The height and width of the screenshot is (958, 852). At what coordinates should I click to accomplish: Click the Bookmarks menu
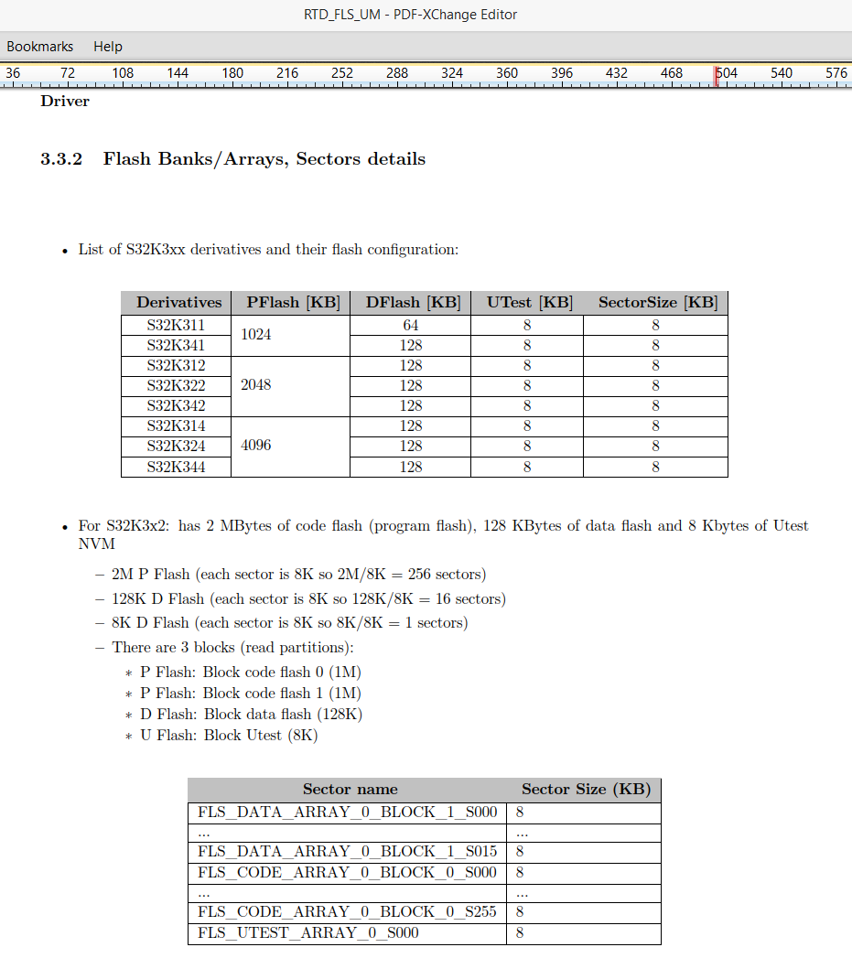[39, 47]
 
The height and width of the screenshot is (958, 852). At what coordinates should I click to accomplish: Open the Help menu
[107, 47]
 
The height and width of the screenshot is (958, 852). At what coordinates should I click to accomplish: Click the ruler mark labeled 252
[342, 73]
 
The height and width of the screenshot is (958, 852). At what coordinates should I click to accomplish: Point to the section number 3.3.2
[61, 159]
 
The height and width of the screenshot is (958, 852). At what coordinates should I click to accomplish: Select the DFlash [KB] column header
[413, 303]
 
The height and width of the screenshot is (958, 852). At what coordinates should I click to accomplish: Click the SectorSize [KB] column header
[657, 303]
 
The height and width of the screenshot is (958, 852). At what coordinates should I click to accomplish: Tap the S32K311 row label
[176, 326]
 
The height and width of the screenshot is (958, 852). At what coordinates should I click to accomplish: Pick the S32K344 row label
[176, 468]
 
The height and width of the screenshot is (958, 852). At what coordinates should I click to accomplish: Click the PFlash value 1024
[256, 335]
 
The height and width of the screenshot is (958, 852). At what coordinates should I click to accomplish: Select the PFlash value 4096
[256, 446]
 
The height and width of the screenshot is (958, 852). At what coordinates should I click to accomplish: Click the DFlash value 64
[411, 326]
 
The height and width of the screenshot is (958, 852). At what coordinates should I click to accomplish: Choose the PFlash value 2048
[256, 385]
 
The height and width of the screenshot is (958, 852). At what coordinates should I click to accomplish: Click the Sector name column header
[350, 790]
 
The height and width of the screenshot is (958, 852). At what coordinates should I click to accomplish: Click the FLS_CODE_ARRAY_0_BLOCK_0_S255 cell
[347, 911]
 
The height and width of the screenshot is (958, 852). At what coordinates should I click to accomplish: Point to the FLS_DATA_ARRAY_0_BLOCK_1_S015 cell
[347, 852]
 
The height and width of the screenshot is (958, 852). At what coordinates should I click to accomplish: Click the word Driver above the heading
[65, 102]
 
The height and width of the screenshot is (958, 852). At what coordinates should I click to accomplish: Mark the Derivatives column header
[179, 303]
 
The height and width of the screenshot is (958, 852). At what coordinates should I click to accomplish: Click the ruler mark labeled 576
[836, 73]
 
